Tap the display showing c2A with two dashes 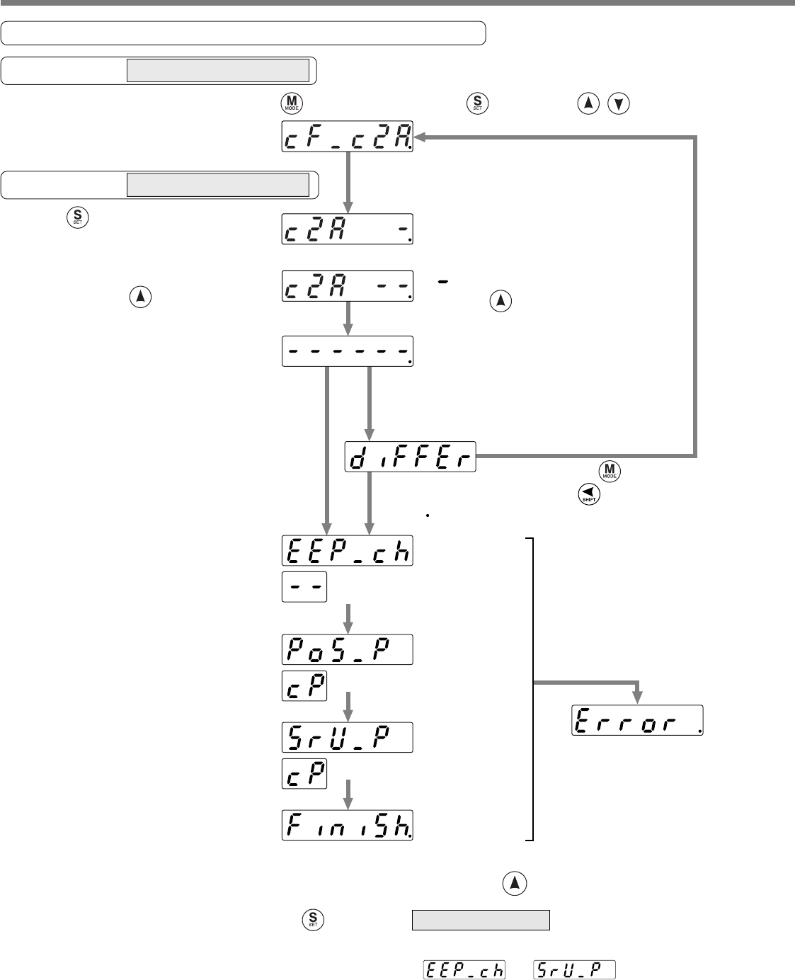(x=347, y=288)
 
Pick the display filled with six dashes (x=347, y=351)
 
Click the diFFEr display (x=411, y=457)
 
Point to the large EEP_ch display (x=347, y=551)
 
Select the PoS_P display (x=347, y=649)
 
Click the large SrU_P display (x=347, y=737)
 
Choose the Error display (x=637, y=720)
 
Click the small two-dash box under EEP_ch (x=304, y=587)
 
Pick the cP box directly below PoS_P (x=304, y=685)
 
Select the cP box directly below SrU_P (x=304, y=773)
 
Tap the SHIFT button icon (x=585, y=493)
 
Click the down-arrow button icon (x=619, y=104)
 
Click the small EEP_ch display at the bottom (x=464, y=969)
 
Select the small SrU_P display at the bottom (x=574, y=969)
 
